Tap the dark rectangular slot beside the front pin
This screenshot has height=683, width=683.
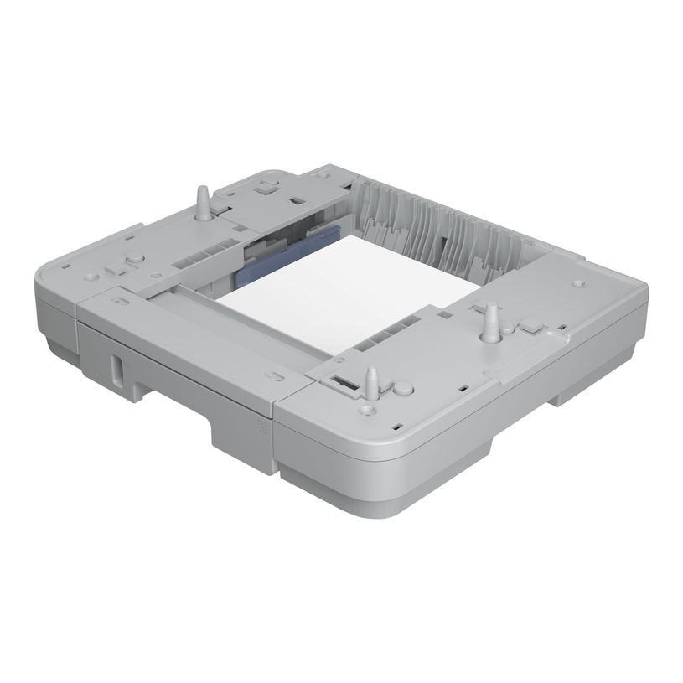342,381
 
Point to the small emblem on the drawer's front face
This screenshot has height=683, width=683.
259,424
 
